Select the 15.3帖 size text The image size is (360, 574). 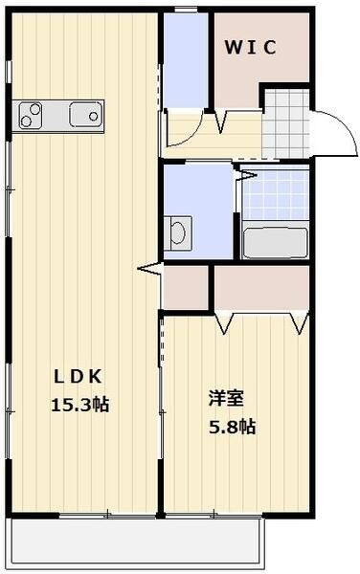[x=79, y=405]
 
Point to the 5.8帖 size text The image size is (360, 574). [x=233, y=427]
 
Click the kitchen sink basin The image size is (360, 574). [x=85, y=115]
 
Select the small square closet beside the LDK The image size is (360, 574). [x=186, y=287]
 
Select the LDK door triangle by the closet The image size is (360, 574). [x=149, y=271]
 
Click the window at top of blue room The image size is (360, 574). [x=186, y=11]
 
